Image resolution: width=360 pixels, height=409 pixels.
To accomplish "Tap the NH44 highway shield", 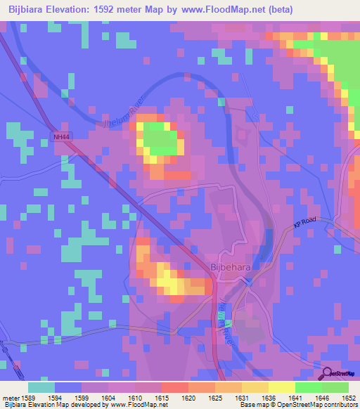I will pos(61,137).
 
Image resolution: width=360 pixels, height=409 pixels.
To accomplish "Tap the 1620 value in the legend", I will pos(188,397).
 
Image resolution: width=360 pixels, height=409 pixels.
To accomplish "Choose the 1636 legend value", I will pos(268,397).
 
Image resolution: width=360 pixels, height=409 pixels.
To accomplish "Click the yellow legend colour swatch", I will pos(281,387).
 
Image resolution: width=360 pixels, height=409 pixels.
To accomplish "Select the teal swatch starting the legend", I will pos(41,387).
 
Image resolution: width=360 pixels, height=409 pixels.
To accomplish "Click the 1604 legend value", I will pos(109,397).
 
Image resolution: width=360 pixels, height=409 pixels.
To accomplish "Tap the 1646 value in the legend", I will pos(321,397).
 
